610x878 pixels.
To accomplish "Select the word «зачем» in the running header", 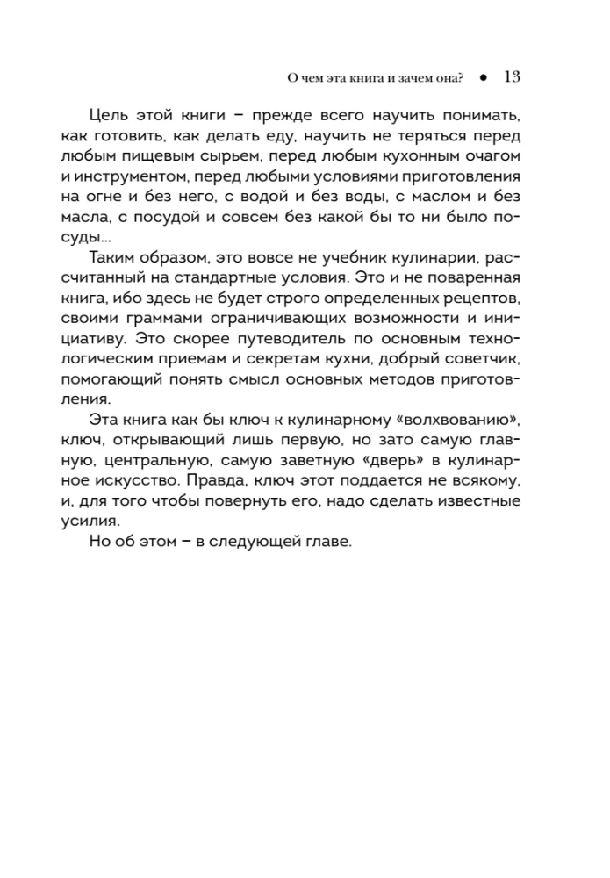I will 399,77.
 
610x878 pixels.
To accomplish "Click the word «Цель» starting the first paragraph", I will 109,119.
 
